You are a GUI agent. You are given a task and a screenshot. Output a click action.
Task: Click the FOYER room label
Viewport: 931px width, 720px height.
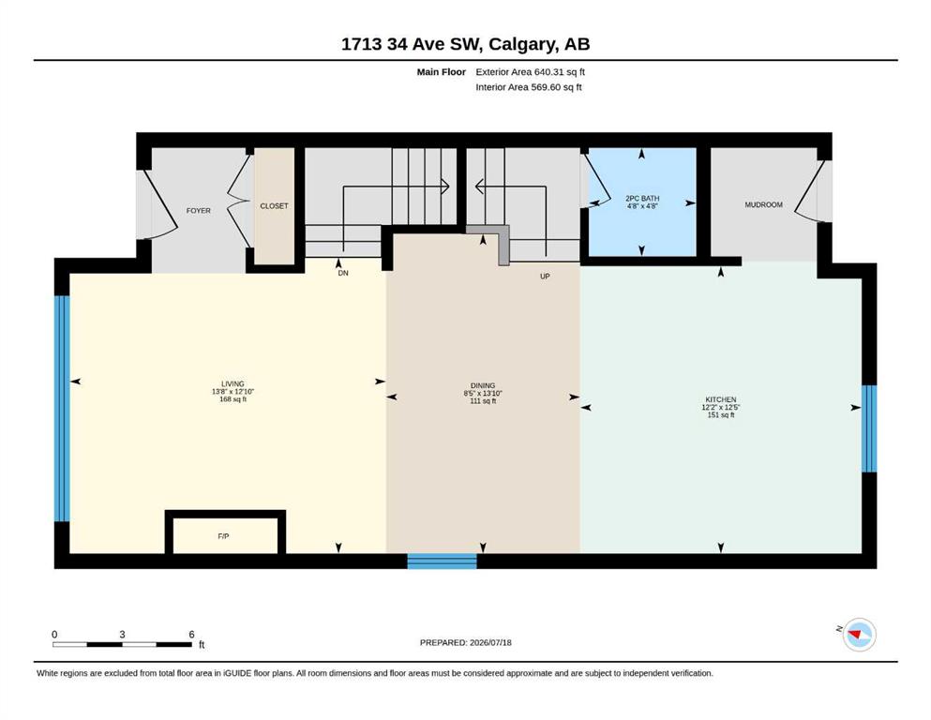(x=199, y=211)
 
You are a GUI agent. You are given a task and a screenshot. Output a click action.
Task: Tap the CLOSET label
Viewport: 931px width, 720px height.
(x=274, y=206)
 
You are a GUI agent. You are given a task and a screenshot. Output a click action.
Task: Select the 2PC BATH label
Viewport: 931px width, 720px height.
(x=642, y=198)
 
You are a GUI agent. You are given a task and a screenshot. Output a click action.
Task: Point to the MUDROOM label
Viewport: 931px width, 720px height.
(x=763, y=204)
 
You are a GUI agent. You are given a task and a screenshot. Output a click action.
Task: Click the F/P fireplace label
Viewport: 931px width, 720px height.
(x=223, y=536)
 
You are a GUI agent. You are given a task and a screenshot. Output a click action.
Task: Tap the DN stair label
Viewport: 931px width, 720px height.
(x=343, y=273)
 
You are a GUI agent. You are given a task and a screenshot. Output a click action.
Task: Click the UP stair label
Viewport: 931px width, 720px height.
(x=545, y=276)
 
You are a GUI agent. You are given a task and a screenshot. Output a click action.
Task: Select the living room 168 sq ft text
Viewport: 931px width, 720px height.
(x=233, y=399)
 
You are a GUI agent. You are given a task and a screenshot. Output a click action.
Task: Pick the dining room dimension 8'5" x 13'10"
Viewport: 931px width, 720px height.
(x=483, y=394)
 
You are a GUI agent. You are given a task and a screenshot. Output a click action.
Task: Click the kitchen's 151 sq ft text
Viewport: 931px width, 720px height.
(x=721, y=415)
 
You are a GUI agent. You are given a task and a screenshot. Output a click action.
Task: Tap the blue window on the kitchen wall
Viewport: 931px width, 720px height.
(x=869, y=428)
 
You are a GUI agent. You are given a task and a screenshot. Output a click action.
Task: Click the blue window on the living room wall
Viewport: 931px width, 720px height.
(x=62, y=409)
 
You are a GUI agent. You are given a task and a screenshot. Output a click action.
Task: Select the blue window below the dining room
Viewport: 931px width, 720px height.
(x=442, y=561)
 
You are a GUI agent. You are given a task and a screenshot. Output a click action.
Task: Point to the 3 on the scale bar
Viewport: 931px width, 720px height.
(x=122, y=635)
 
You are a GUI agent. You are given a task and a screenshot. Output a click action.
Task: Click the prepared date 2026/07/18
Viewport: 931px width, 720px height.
(x=490, y=642)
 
